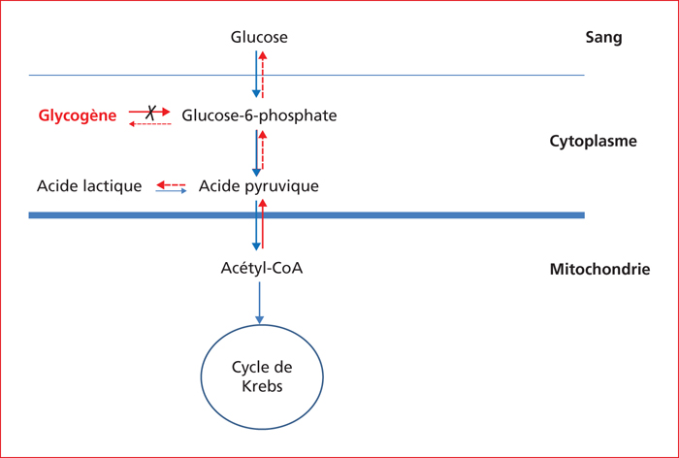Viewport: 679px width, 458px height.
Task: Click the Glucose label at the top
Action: (259, 37)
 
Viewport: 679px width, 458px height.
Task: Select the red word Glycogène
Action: (78, 115)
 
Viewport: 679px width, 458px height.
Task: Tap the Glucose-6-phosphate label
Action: (259, 115)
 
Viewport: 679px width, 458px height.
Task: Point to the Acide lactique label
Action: (89, 186)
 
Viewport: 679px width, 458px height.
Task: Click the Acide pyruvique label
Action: (259, 186)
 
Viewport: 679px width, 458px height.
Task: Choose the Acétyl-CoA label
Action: (262, 268)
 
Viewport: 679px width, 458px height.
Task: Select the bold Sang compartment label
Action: (603, 37)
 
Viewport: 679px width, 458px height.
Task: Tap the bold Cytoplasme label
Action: (594, 141)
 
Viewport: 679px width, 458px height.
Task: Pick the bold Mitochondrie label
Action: (599, 269)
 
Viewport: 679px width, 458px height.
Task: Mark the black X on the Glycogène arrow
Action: (150, 113)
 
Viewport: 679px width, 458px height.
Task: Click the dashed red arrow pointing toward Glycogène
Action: (150, 124)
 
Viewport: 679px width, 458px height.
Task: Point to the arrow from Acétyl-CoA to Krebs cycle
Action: (259, 303)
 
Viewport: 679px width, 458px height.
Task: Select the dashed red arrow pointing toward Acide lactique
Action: (171, 185)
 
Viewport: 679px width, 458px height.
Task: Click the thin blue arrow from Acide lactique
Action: (171, 190)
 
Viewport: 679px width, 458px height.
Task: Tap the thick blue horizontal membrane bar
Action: (307, 215)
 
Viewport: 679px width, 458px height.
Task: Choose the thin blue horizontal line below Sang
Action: (307, 76)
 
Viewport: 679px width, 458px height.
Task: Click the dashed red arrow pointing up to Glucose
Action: (263, 75)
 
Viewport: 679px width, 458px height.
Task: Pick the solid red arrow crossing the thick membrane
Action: (263, 224)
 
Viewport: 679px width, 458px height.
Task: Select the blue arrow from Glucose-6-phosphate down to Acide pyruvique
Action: (256, 153)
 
